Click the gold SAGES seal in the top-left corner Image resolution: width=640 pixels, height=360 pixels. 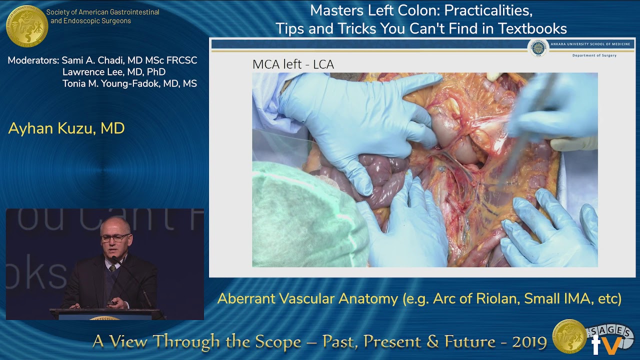[26, 26]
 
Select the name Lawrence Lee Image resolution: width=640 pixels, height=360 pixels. [87, 72]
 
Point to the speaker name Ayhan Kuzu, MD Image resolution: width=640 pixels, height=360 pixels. [66, 128]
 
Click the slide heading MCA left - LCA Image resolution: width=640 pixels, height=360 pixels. [293, 64]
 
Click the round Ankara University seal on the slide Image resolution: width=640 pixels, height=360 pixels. [538, 48]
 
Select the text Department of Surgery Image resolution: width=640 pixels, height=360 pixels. [594, 55]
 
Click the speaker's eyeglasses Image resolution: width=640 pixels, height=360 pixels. [116, 237]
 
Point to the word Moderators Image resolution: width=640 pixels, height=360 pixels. [33, 60]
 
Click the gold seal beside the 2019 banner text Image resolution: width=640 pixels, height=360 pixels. [569, 336]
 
